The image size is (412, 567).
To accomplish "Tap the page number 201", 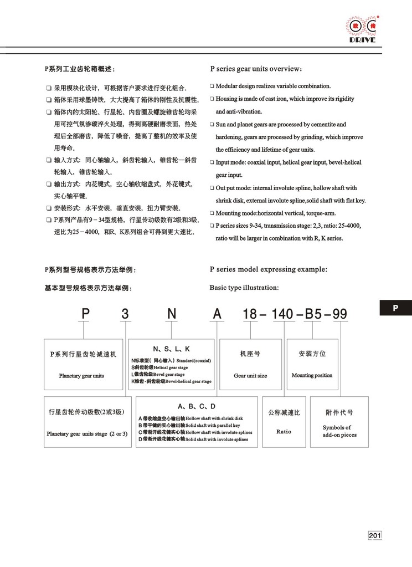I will (375, 535).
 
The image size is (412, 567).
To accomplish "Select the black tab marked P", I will (395, 308).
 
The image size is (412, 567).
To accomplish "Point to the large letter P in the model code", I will (85, 314).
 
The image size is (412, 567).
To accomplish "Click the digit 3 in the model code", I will (125, 314).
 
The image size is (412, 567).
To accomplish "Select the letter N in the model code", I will (172, 314).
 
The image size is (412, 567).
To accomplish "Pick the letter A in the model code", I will (218, 314).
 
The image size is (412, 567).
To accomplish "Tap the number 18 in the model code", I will (250, 314).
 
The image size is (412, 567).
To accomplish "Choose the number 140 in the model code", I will (283, 314).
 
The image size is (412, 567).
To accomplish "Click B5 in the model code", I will (313, 314).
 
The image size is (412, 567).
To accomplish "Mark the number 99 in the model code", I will (338, 314).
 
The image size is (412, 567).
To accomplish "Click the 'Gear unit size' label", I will (250, 375).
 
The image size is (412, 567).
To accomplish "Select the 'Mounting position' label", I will (312, 375).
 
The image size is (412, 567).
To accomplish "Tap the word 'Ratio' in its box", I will (284, 431).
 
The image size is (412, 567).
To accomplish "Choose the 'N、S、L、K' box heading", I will (172, 349).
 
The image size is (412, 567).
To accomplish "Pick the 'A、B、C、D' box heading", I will (192, 406).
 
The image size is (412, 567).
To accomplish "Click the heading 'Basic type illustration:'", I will (244, 288).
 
